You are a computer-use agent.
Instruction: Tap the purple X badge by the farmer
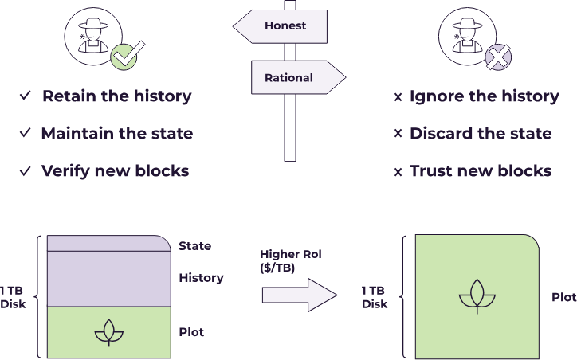[497, 57]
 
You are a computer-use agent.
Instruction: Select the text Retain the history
[116, 96]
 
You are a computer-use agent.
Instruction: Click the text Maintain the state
[116, 133]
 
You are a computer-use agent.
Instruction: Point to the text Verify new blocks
[115, 170]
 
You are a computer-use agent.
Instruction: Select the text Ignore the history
[484, 96]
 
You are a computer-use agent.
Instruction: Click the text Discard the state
[480, 133]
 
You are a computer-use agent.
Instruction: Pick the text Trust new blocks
[480, 170]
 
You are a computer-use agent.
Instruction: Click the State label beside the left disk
[195, 246]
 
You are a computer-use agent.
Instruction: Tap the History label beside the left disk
[201, 278]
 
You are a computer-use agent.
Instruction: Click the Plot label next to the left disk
[191, 331]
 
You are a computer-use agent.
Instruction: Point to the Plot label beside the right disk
[563, 297]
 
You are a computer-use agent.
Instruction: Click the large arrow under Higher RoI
[300, 295]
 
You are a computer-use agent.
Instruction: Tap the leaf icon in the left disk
[109, 333]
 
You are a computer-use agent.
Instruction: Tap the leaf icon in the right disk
[477, 297]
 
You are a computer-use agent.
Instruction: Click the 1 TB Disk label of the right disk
[375, 297]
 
